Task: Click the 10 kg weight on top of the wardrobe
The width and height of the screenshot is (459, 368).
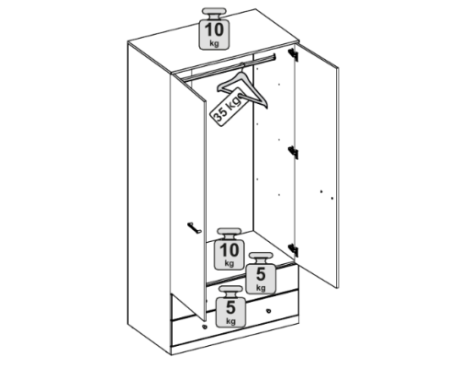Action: [214, 29]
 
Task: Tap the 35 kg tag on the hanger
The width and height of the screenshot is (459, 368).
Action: [229, 107]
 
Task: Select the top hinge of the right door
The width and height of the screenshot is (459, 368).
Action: [294, 54]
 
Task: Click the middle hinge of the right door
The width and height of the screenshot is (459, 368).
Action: [294, 153]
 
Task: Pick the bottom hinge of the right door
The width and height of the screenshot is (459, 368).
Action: [294, 250]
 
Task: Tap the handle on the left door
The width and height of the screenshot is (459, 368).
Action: [194, 228]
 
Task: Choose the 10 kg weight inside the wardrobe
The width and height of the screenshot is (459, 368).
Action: [229, 249]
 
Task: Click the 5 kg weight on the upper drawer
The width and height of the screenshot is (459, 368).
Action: [261, 273]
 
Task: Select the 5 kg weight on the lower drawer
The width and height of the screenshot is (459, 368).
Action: [230, 306]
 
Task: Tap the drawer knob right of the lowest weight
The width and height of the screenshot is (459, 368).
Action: [269, 311]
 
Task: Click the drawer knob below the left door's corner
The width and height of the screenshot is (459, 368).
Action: [205, 327]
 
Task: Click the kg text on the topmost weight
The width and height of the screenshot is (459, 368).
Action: [214, 43]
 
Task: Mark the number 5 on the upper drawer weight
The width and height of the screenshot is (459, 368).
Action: [261, 274]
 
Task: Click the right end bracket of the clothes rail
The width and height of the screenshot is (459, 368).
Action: [274, 57]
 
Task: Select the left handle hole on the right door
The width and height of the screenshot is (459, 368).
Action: [321, 191]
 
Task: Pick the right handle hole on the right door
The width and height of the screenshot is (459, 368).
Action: [332, 199]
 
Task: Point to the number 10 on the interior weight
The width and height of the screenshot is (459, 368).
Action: [229, 250]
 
